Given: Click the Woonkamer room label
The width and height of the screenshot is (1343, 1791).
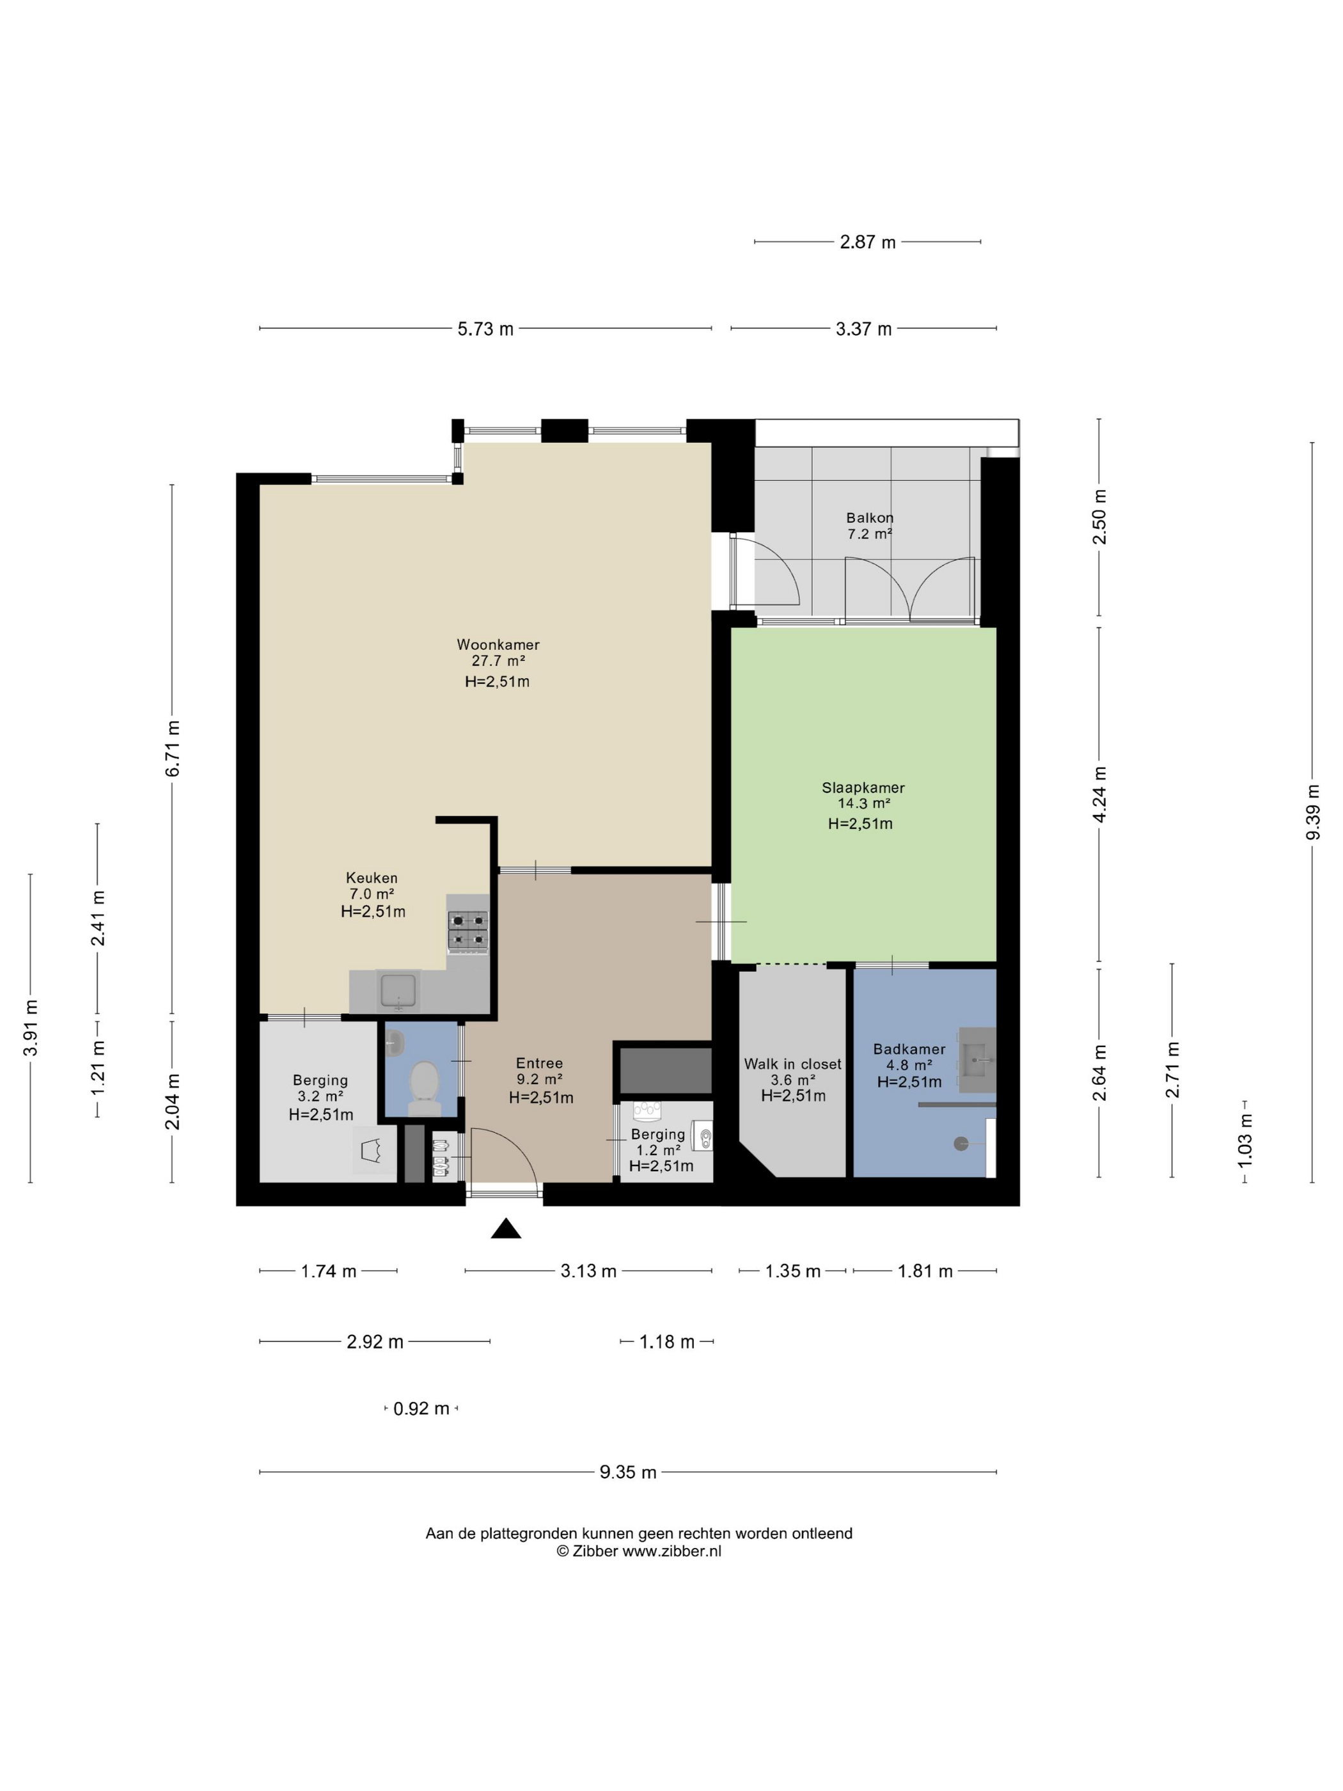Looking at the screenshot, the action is coord(498,645).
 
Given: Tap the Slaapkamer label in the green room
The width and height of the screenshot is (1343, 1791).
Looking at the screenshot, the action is coord(863,787).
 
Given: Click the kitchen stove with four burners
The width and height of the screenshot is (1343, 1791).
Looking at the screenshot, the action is coord(468,930).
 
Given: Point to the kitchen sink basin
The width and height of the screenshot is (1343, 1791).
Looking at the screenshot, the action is coord(398,990).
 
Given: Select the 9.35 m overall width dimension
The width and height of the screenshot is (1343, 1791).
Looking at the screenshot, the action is coord(628,1472).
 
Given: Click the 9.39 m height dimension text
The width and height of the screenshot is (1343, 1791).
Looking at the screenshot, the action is coord(1313,812).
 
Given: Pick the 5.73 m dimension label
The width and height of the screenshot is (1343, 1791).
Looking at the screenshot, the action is coord(485,329).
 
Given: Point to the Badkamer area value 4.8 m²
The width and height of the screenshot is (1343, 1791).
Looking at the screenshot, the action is coord(909,1066).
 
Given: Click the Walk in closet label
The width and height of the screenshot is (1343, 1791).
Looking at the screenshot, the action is coord(792,1064).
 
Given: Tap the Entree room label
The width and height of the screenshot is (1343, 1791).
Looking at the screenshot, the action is coord(539,1063).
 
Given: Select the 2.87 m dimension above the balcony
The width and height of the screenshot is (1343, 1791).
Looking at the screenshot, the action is coord(868,242).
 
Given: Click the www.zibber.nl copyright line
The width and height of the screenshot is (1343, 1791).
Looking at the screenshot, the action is coord(639,1551).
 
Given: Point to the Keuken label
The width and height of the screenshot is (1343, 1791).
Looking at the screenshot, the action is coord(372,878).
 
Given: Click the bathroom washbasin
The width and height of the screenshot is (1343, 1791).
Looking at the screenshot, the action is coord(977,1058).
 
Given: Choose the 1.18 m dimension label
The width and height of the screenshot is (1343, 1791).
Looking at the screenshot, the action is coord(667,1341).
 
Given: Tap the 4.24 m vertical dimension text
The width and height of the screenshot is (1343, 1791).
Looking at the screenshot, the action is coord(1099,794).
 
